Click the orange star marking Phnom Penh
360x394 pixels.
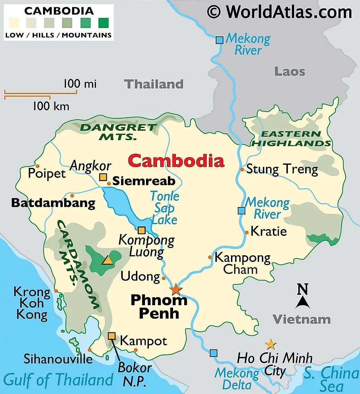coord(176,289)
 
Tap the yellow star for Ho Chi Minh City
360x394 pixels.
coord(271,344)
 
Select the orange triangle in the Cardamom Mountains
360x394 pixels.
coord(107,260)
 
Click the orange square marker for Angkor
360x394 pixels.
coord(103,177)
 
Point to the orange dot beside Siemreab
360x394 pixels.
coord(109,183)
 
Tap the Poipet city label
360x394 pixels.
coord(47,173)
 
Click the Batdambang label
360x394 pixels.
coord(53,203)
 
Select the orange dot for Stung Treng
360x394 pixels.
coord(242,170)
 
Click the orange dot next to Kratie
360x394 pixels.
coord(247,232)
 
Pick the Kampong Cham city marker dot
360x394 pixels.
coord(210,257)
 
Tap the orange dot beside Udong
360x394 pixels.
coord(164,278)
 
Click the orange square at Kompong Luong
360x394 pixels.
coord(142,230)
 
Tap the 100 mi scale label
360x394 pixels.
coord(80,84)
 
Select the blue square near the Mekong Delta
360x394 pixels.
coord(214,353)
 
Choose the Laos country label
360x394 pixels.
coord(290,71)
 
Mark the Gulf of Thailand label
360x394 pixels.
coord(59,380)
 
